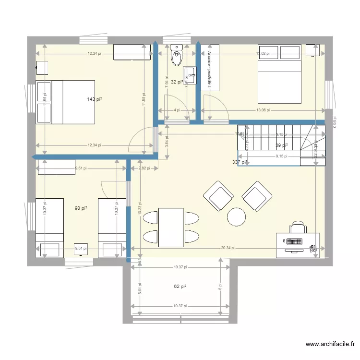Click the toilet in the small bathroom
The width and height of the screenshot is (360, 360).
[x=177, y=56]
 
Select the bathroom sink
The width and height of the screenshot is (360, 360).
[x=191, y=75]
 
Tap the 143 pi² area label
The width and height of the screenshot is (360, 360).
[x=95, y=99]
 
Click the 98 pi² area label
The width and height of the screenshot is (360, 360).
[x=81, y=208]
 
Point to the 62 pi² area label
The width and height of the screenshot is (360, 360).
[x=180, y=287]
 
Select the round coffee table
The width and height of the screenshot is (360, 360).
[x=236, y=216]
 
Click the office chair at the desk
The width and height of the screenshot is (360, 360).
[x=298, y=227]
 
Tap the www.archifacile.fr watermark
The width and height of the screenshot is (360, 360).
[x=331, y=344]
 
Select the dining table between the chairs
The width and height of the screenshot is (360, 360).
[x=171, y=227]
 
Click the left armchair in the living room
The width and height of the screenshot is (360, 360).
[x=218, y=196]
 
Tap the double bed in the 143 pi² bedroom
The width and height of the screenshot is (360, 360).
[x=65, y=102]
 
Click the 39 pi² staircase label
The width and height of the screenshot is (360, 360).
[x=281, y=145]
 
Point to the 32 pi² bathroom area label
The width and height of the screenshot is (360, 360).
[x=177, y=82]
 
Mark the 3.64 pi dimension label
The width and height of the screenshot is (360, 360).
[x=167, y=142]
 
